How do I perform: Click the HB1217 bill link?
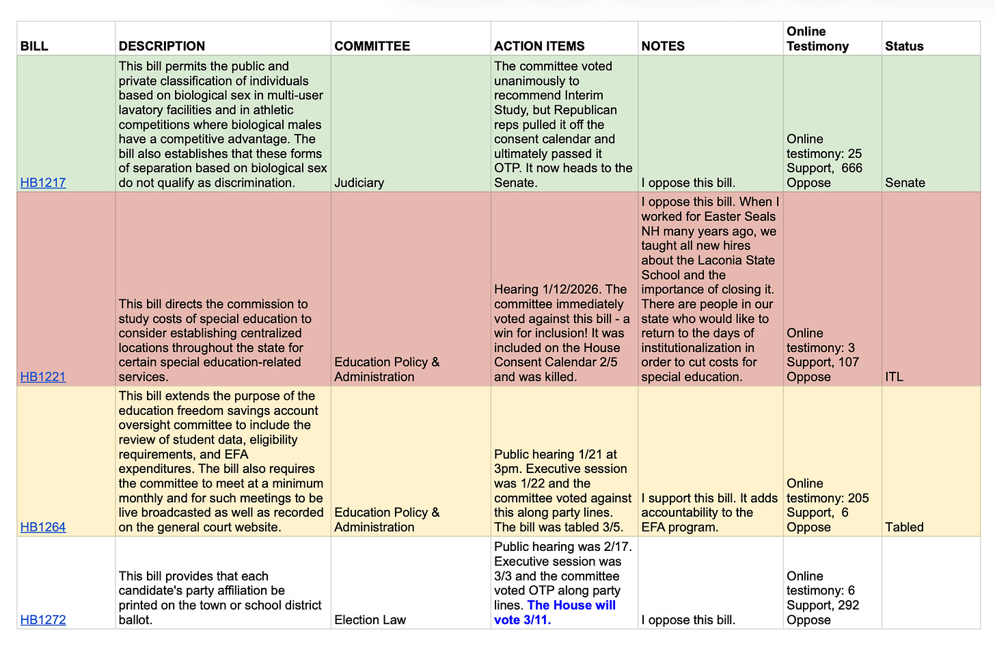pyautogui.click(x=43, y=183)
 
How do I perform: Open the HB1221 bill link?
pyautogui.click(x=43, y=377)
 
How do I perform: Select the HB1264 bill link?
pyautogui.click(x=43, y=527)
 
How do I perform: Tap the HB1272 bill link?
pyautogui.click(x=43, y=620)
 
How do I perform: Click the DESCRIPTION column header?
pyautogui.click(x=162, y=46)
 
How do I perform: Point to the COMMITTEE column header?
pyautogui.click(x=372, y=46)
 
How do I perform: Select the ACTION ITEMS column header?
pyautogui.click(x=539, y=46)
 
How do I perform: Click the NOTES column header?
pyautogui.click(x=663, y=46)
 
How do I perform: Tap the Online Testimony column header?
pyautogui.click(x=817, y=39)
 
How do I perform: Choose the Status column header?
pyautogui.click(x=904, y=46)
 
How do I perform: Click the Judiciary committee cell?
pyautogui.click(x=359, y=183)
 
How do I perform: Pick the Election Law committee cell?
pyautogui.click(x=370, y=620)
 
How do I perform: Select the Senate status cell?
pyautogui.click(x=905, y=183)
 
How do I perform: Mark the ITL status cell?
pyautogui.click(x=894, y=377)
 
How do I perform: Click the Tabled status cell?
pyautogui.click(x=904, y=527)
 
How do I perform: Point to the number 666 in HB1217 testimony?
pyautogui.click(x=851, y=168)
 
